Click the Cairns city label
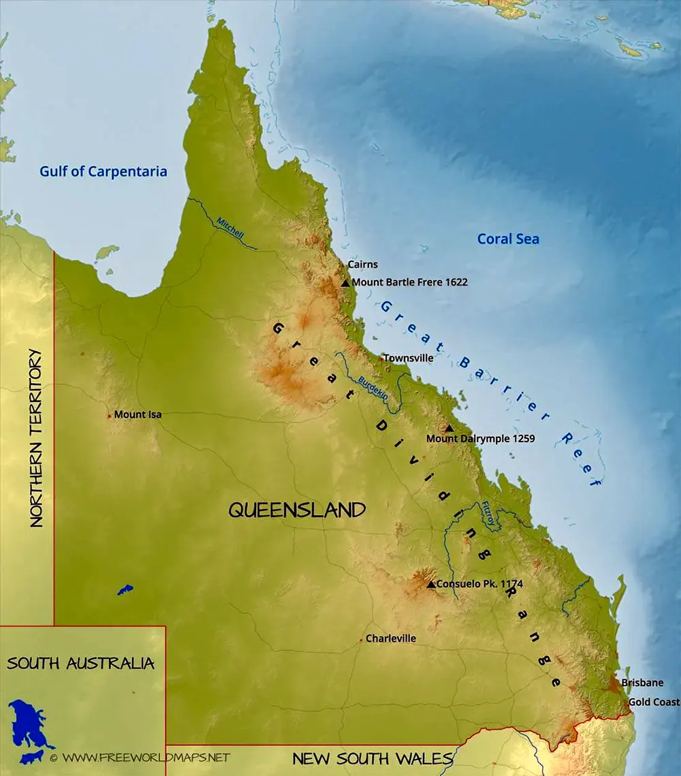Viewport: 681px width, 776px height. click(362, 264)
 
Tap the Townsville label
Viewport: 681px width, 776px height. click(408, 358)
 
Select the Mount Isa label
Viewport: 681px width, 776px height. click(138, 414)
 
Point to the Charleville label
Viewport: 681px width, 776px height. click(390, 639)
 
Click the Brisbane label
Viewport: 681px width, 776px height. click(642, 683)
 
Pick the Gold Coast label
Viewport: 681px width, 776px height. click(653, 702)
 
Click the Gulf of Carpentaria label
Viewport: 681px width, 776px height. click(103, 171)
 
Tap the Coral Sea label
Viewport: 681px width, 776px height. click(508, 238)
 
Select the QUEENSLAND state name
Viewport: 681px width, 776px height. click(297, 510)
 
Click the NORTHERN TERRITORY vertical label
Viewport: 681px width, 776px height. click(36, 438)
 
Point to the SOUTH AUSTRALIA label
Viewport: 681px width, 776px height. click(80, 663)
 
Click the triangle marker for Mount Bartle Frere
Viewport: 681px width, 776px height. click(345, 283)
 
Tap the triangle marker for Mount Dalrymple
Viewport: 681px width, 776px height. click(449, 428)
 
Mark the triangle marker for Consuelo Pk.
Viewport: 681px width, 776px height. click(430, 584)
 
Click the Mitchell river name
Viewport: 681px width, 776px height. click(229, 228)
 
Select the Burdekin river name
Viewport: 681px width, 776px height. click(373, 387)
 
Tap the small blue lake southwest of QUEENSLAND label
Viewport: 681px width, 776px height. click(125, 589)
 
